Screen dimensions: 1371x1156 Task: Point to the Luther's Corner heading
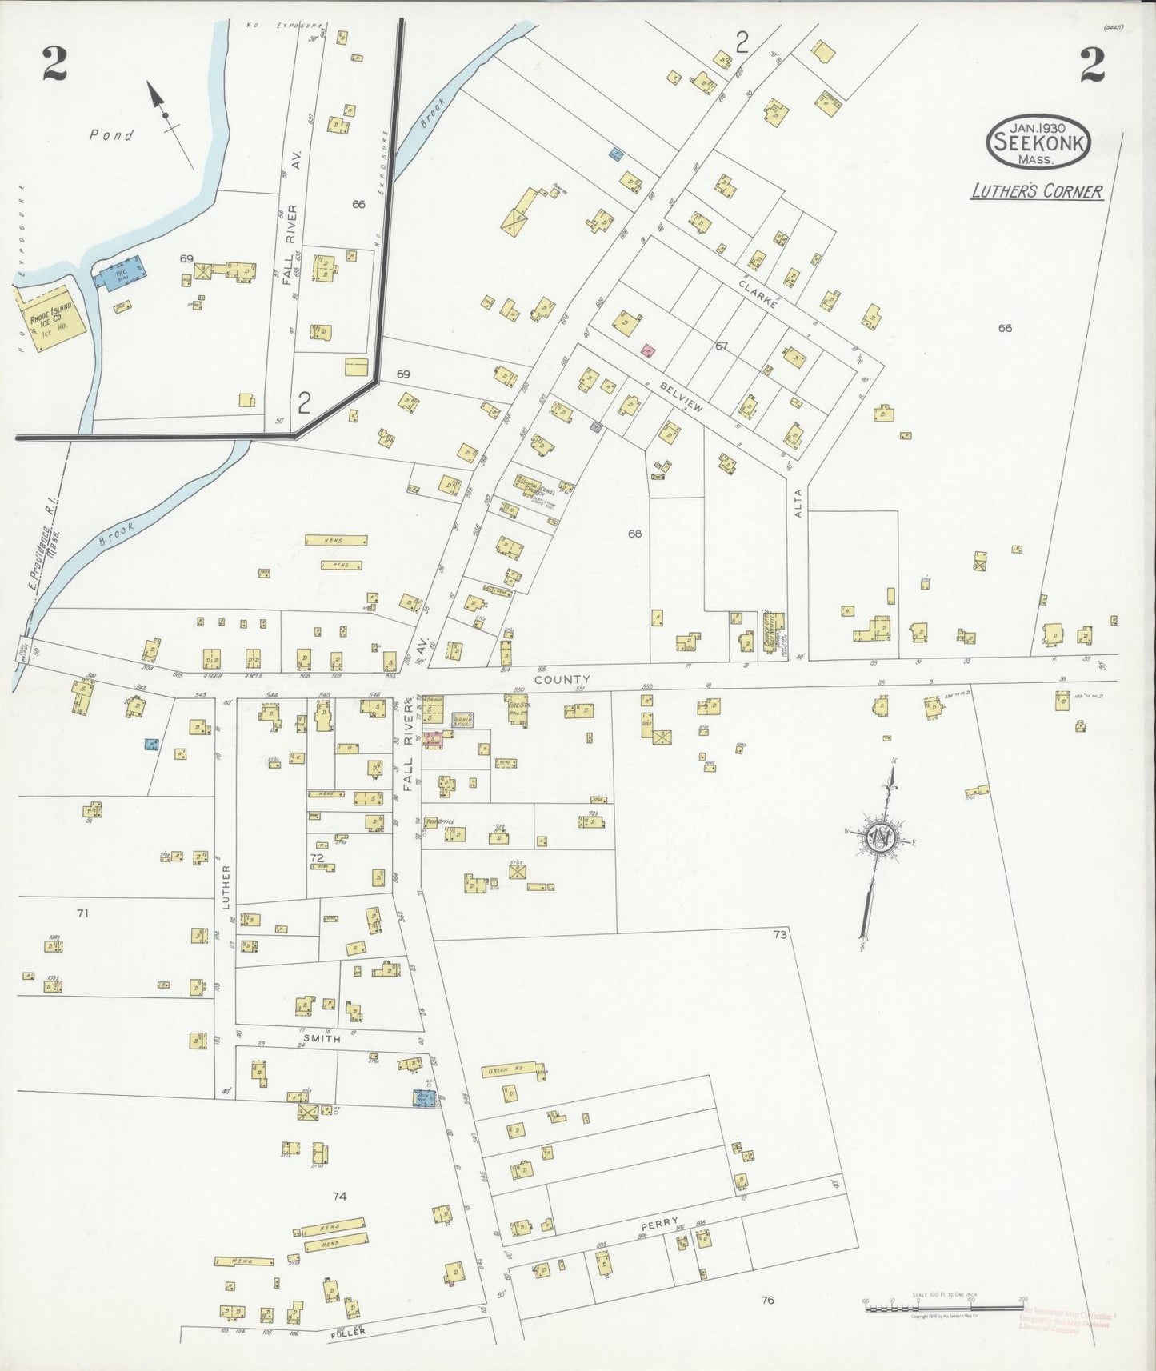click(x=1037, y=192)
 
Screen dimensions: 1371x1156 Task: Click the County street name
click(x=562, y=679)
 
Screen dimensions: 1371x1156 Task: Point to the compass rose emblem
click(x=880, y=838)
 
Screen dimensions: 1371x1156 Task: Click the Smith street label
click(x=322, y=1039)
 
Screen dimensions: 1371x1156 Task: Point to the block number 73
click(x=780, y=934)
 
